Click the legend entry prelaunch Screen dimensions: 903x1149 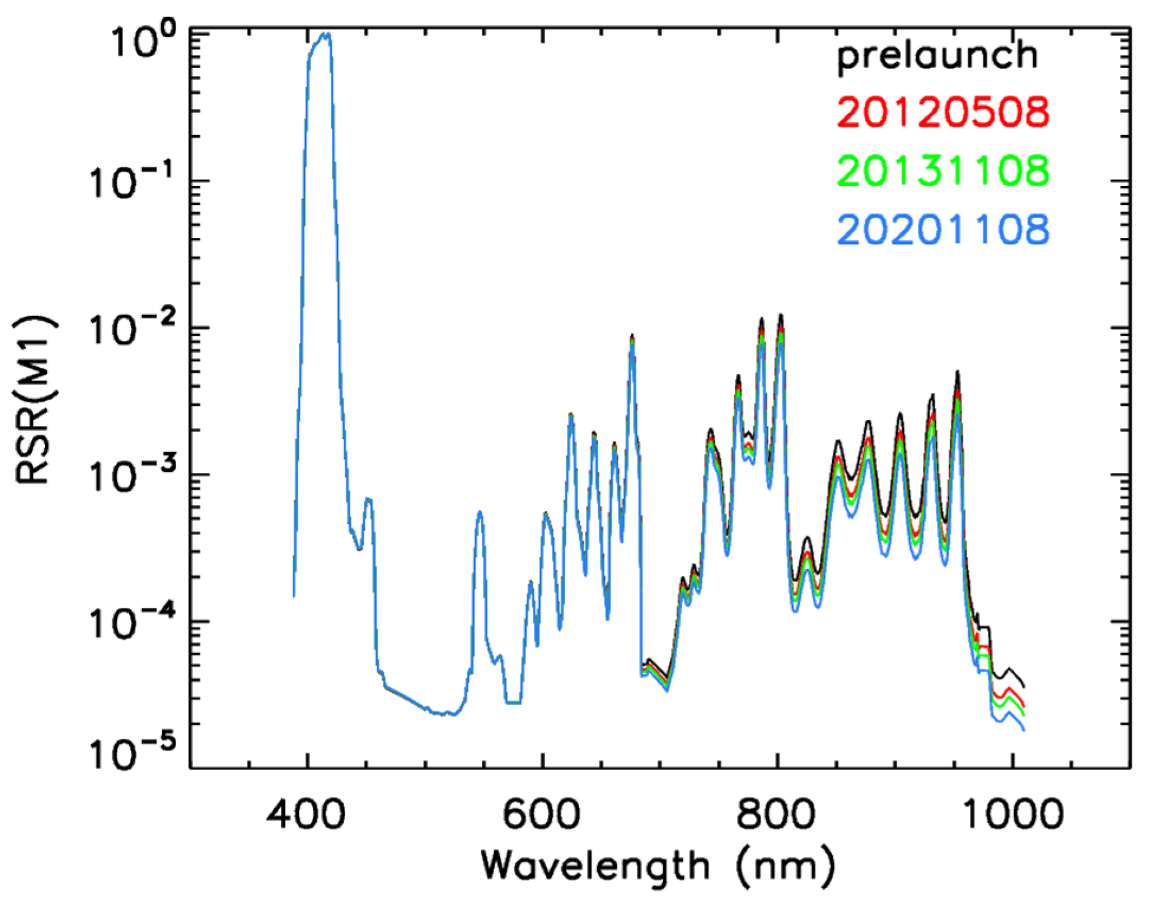(x=938, y=57)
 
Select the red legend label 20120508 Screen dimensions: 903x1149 (x=943, y=112)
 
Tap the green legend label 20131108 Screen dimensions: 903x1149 (x=943, y=171)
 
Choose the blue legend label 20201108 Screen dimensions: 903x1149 (x=943, y=229)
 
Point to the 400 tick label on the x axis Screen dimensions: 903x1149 (x=306, y=814)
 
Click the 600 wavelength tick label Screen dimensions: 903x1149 (x=542, y=814)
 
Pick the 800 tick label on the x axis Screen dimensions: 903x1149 (x=777, y=814)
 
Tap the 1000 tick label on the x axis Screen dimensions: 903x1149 (x=1013, y=814)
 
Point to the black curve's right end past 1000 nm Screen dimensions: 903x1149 (x=1024, y=686)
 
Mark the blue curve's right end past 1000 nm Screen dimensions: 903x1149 (x=1024, y=731)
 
